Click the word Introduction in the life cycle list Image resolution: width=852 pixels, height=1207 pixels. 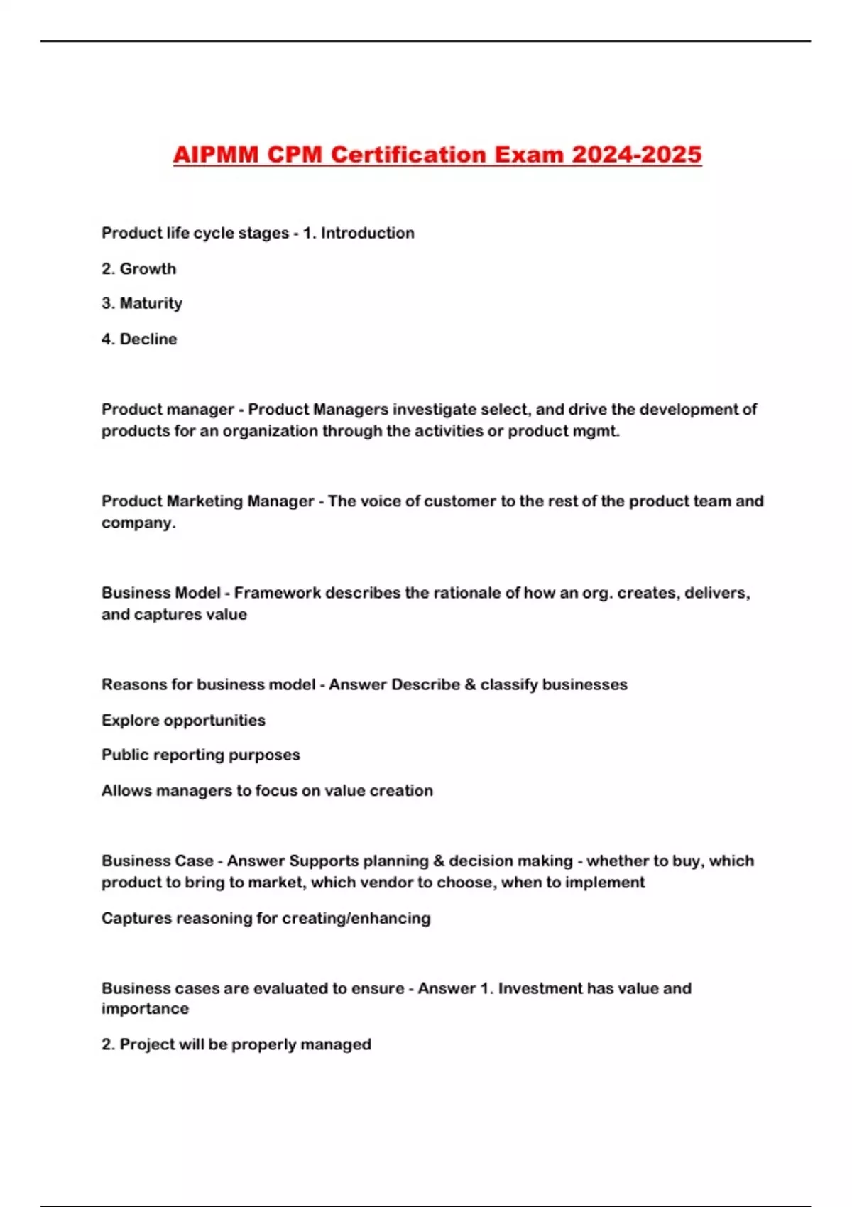click(x=367, y=233)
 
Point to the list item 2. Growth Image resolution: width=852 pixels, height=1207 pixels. click(x=138, y=268)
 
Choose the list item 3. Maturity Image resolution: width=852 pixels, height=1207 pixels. click(x=141, y=303)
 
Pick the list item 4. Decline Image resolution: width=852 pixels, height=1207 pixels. click(x=139, y=339)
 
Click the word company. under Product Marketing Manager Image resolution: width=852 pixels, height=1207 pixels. click(x=138, y=523)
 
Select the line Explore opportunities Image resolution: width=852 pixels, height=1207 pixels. click(x=183, y=720)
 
